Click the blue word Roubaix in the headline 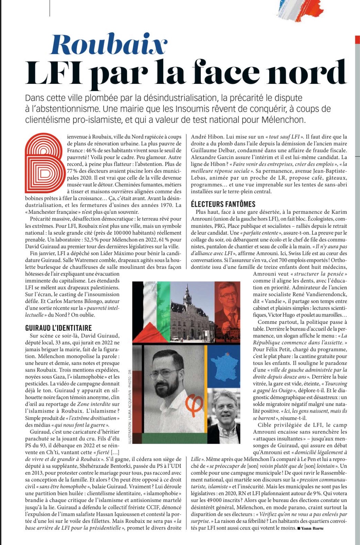coord(108,45)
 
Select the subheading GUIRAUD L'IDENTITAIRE coord(58,328)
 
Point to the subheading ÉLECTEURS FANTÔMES coord(223,204)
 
